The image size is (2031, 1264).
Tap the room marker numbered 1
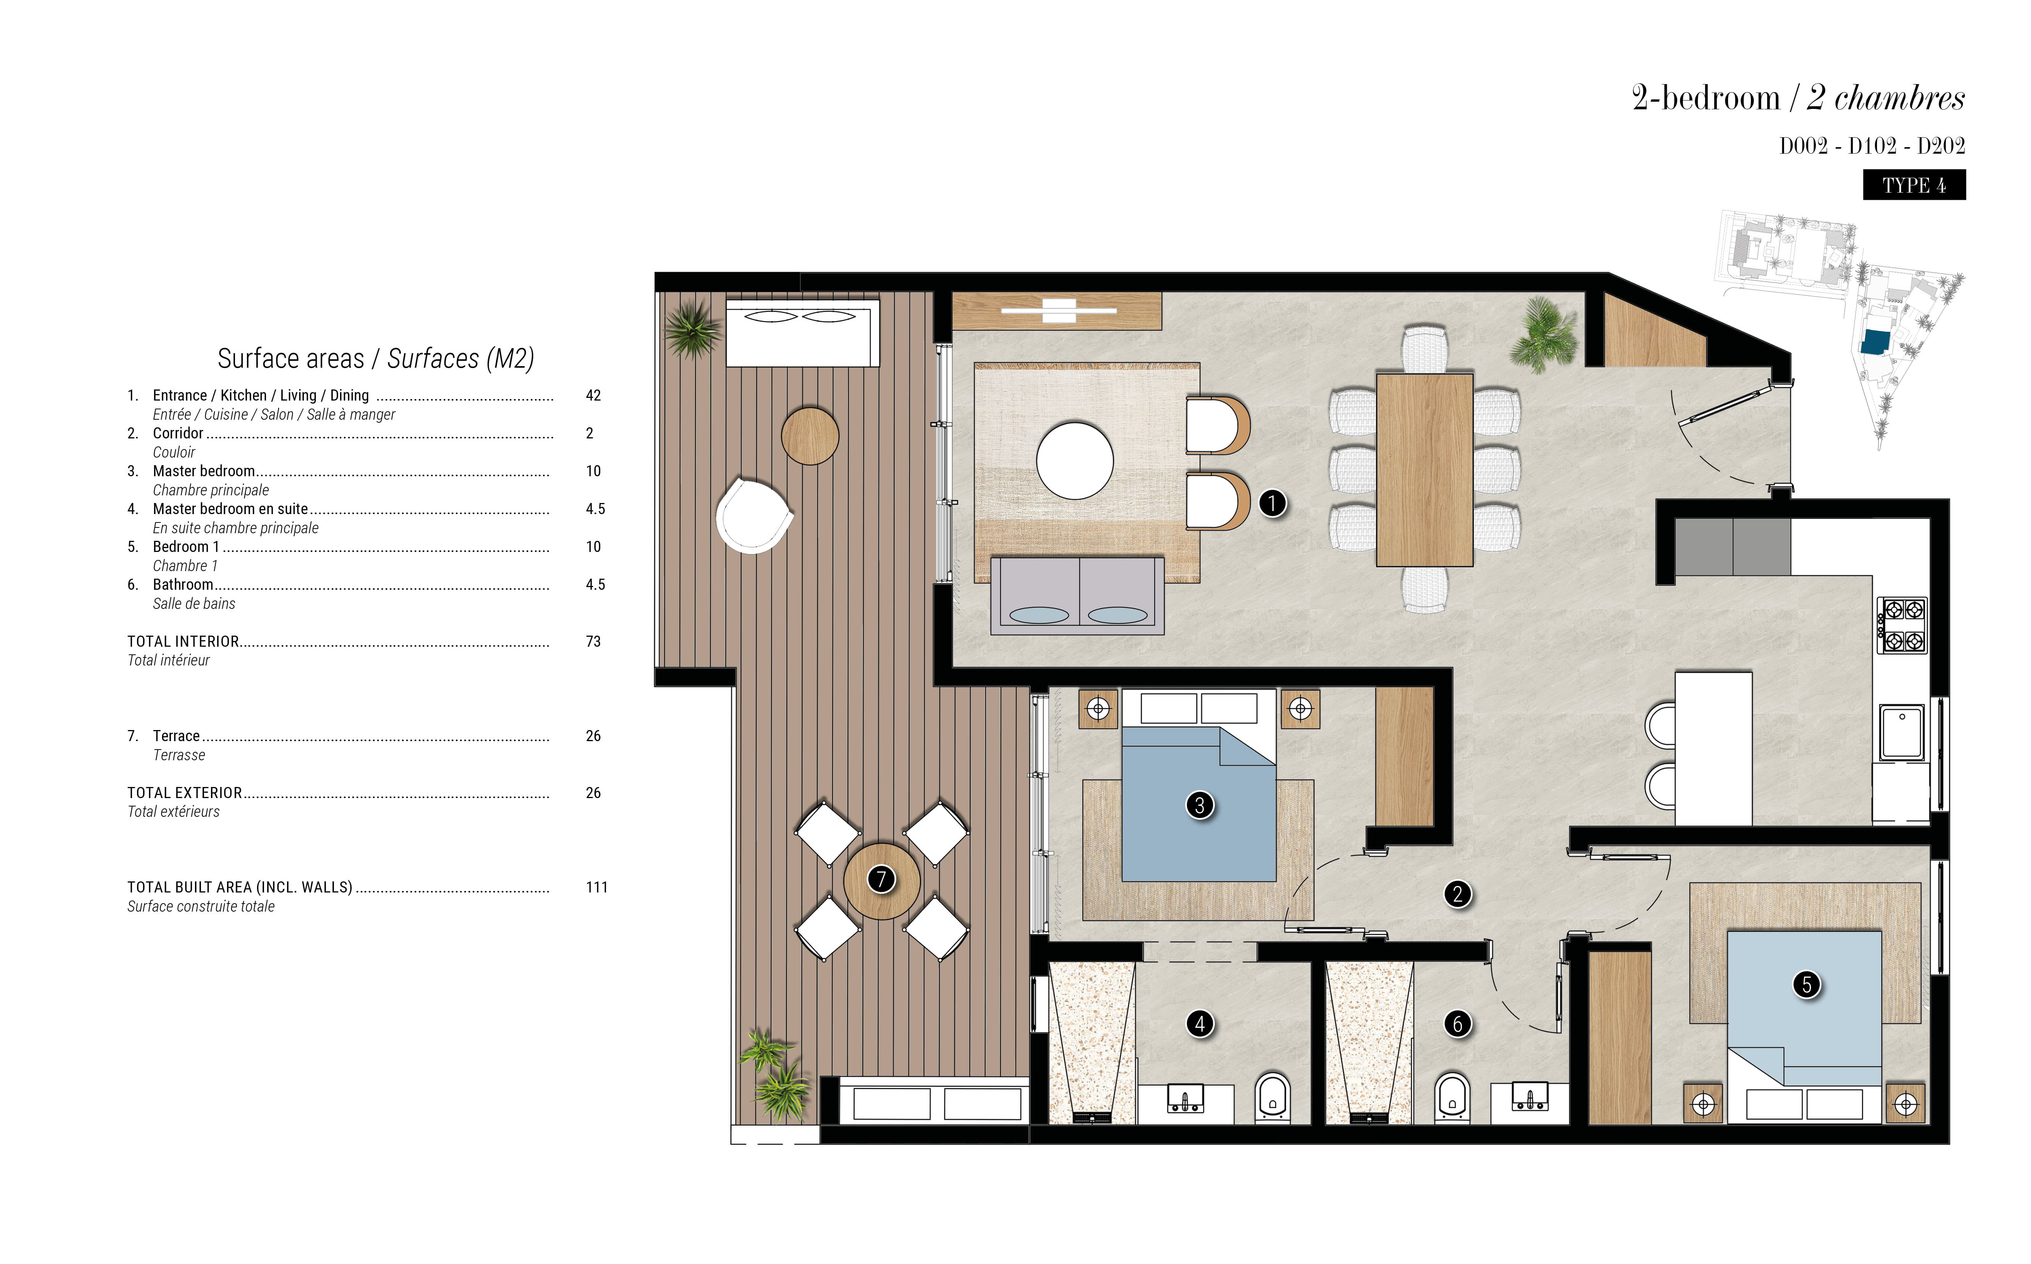(1272, 503)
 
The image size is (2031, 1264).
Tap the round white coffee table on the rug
(1075, 461)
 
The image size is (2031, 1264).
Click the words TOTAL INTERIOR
(183, 641)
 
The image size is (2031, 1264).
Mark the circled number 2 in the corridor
(1458, 894)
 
